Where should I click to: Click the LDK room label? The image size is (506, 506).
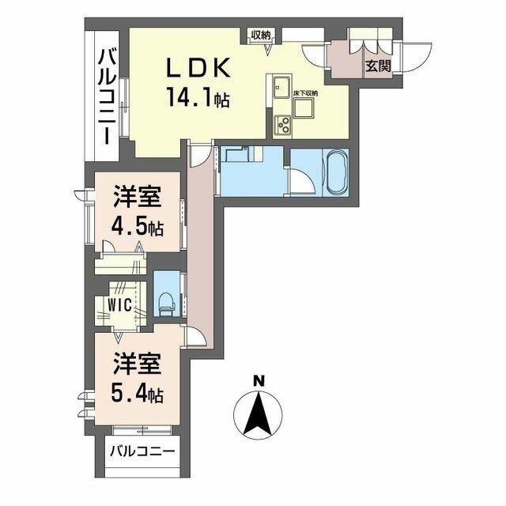198,69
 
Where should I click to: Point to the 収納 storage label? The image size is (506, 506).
262,34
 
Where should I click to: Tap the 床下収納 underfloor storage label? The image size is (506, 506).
306,94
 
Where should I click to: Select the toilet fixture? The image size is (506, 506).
167,301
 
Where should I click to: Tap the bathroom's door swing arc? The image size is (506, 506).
300,182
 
